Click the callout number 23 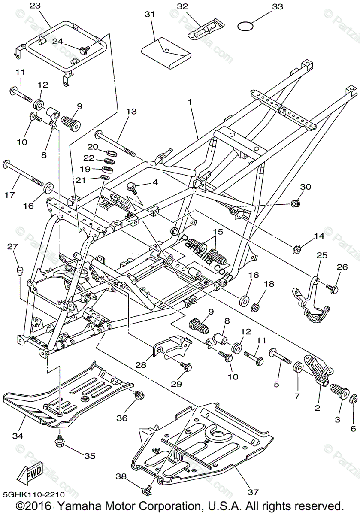(x=36, y=6)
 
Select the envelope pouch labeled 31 (x=166, y=53)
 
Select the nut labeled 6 (x=354, y=399)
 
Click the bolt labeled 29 (x=187, y=367)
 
